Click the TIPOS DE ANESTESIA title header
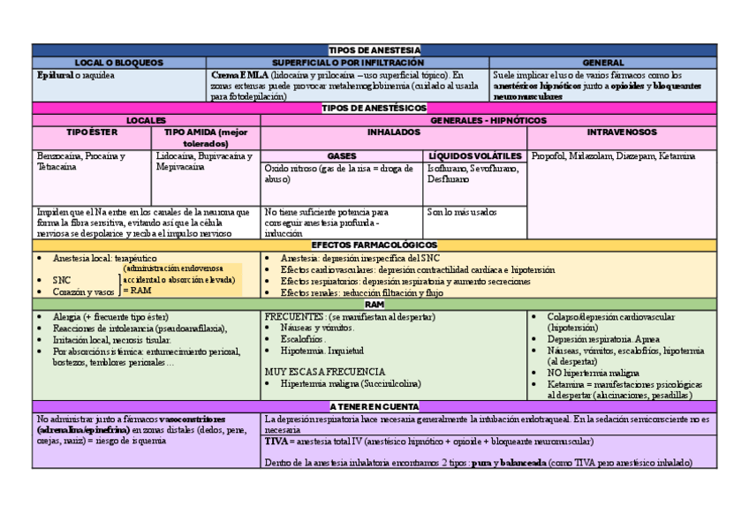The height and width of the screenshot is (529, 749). point(374,50)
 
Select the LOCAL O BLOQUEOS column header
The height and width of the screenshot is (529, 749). point(119,63)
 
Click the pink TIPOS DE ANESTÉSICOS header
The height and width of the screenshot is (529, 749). point(374,108)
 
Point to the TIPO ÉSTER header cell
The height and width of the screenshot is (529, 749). point(92,132)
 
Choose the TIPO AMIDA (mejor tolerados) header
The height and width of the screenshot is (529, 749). point(207,137)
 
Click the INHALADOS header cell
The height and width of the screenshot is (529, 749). point(394,132)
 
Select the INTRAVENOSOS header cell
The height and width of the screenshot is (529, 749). point(622,132)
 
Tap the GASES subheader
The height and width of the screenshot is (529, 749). point(342,155)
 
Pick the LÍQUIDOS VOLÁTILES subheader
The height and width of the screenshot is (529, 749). point(475,155)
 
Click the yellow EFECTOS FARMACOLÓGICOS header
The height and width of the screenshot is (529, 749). point(374,245)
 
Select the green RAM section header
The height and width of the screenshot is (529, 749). point(374,304)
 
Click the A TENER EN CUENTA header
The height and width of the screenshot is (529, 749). point(374,405)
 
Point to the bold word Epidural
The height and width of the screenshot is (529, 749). point(54,76)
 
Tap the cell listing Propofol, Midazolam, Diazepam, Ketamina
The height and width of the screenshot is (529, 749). point(613,156)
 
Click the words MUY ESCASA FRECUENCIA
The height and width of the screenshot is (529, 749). point(324,372)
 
